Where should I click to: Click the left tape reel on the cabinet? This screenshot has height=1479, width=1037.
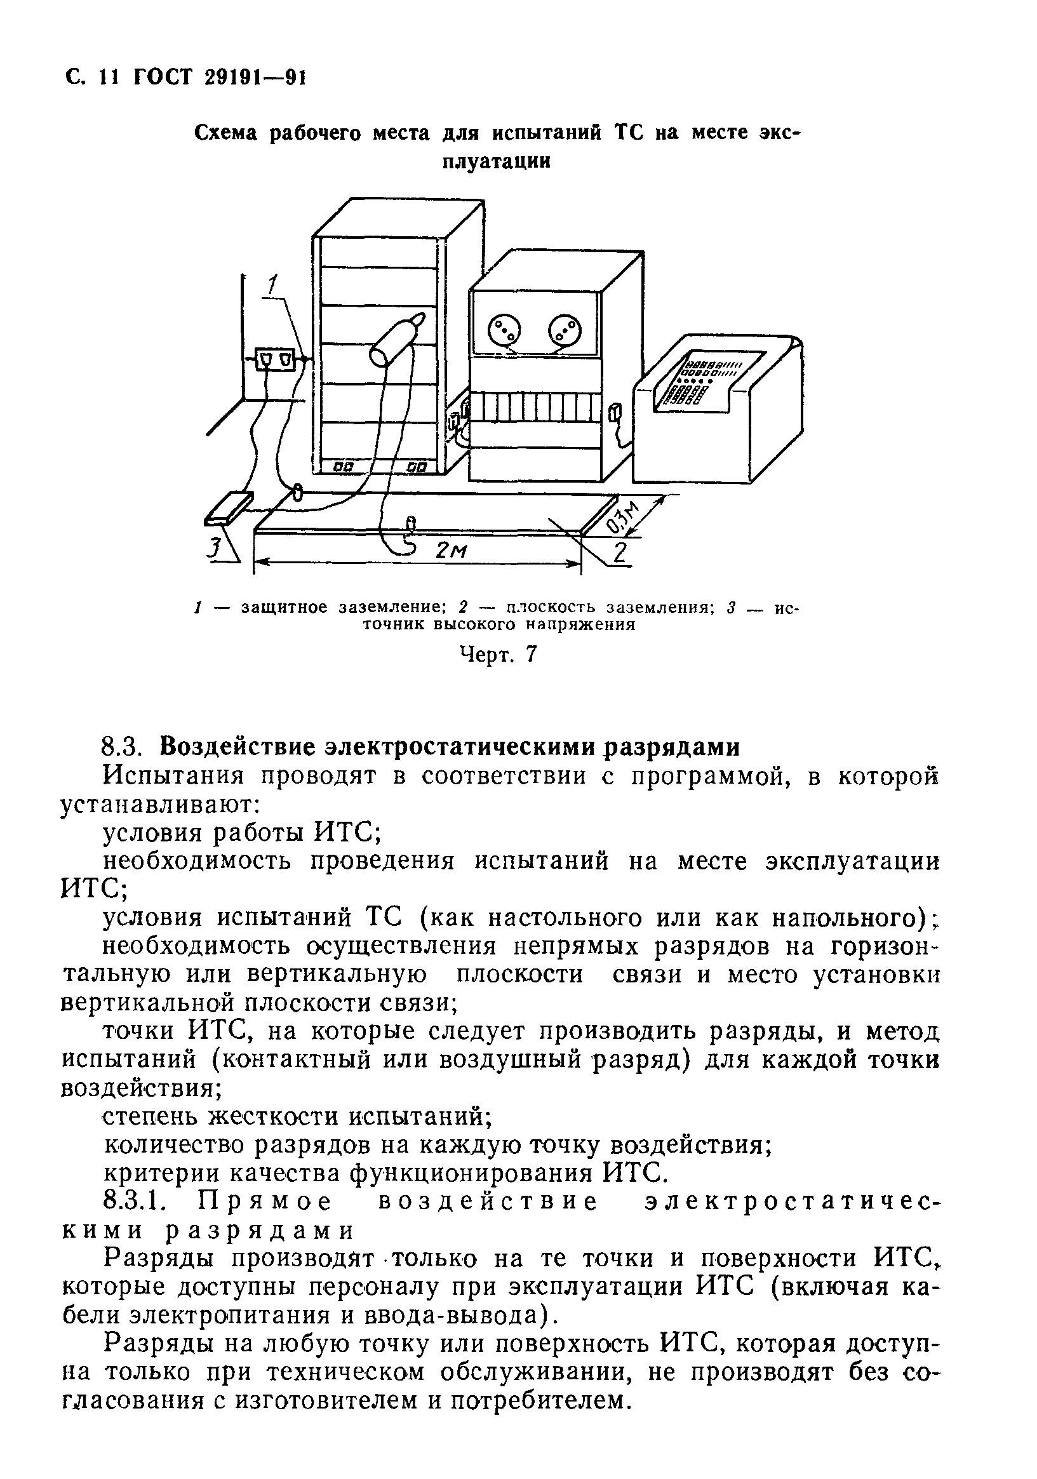(502, 332)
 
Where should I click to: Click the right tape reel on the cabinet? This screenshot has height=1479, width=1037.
(565, 332)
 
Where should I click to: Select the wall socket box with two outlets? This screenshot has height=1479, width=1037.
(277, 359)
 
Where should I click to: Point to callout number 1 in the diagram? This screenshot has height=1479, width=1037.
(274, 285)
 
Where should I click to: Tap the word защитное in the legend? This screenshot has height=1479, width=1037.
(284, 607)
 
